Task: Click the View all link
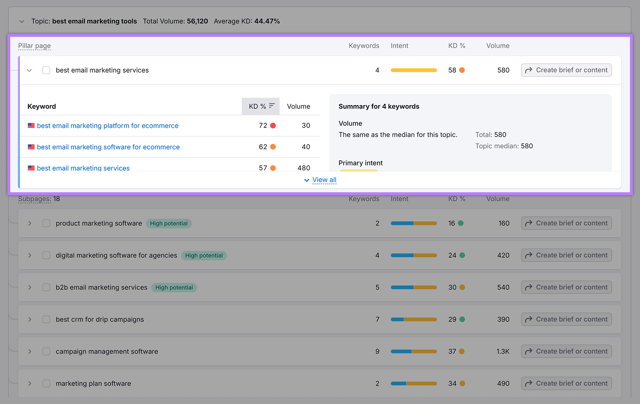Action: [x=324, y=180]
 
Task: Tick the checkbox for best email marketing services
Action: [x=46, y=70]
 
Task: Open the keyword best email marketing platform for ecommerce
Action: [x=108, y=125]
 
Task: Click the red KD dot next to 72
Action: [x=273, y=125]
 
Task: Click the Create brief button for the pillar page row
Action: [x=566, y=70]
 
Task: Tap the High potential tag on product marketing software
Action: [x=168, y=223]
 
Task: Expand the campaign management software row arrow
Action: [x=30, y=351]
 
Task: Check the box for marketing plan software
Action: [x=46, y=383]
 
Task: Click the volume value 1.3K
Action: [x=503, y=351]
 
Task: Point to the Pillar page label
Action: [x=34, y=46]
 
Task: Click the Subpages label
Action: [x=34, y=199]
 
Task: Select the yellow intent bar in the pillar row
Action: [x=414, y=70]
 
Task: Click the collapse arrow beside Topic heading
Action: [x=22, y=21]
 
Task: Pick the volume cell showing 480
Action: [x=304, y=168]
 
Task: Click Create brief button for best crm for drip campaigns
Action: [x=566, y=319]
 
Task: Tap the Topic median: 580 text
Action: [x=504, y=146]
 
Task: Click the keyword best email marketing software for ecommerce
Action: [x=108, y=147]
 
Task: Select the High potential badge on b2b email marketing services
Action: [x=174, y=287]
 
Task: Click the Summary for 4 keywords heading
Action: [x=379, y=106]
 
